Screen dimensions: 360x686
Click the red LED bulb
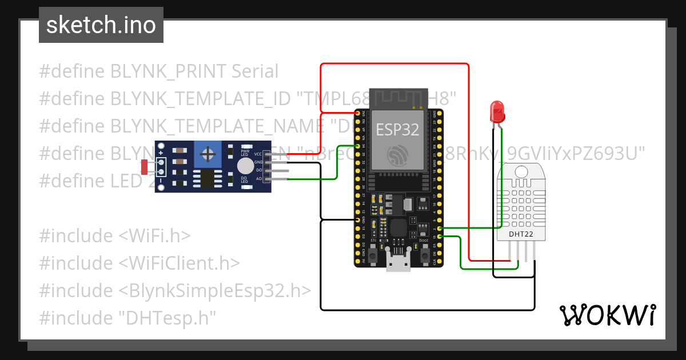tap(497, 112)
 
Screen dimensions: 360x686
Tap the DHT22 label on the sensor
tap(520, 233)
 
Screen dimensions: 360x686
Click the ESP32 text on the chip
tap(397, 129)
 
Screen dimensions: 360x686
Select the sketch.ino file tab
tap(101, 25)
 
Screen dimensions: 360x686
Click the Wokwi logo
tap(607, 315)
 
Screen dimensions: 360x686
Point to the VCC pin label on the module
tap(258, 154)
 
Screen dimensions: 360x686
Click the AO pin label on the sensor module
tap(258, 179)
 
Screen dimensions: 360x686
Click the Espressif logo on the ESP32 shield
tap(397, 155)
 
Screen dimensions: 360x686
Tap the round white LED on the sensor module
tap(245, 166)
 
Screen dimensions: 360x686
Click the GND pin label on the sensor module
tap(258, 162)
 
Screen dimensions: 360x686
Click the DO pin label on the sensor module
tap(258, 170)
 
